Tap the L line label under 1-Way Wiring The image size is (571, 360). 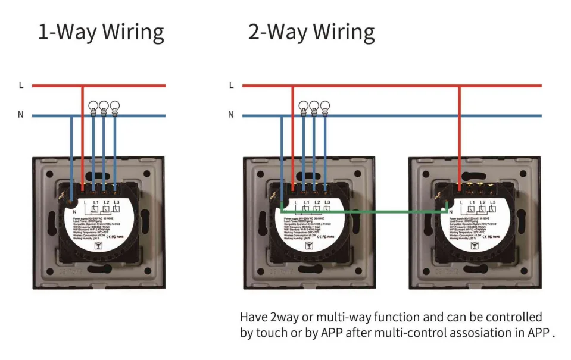pyautogui.click(x=21, y=86)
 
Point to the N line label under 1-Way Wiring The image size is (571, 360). pyautogui.click(x=21, y=115)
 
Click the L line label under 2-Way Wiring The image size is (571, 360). pyautogui.click(x=231, y=86)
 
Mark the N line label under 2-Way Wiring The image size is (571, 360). pyautogui.click(x=231, y=115)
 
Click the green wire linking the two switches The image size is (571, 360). pyautogui.click(x=363, y=210)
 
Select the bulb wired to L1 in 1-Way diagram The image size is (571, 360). pyautogui.click(x=93, y=107)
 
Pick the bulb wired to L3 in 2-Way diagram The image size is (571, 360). pyautogui.click(x=324, y=107)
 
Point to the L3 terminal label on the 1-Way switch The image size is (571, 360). pyautogui.click(x=117, y=204)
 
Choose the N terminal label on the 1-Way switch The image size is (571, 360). pyautogui.click(x=74, y=212)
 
